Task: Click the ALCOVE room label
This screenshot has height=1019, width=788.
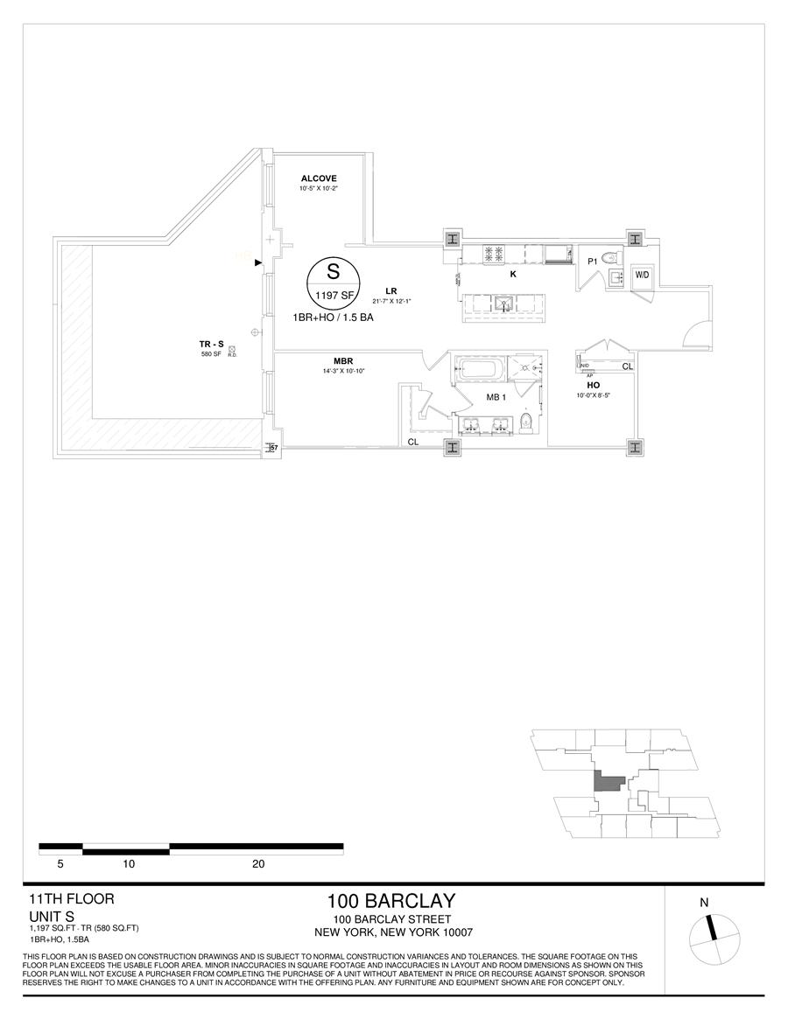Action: coord(319,178)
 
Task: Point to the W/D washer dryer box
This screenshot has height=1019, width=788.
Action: coord(642,276)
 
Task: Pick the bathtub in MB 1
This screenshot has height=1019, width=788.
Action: coord(482,369)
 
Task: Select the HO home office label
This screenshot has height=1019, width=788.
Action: coord(593,385)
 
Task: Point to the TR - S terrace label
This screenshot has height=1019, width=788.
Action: coord(209,344)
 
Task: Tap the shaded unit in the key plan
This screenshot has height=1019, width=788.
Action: coord(606,781)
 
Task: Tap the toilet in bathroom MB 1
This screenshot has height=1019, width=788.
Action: coord(524,422)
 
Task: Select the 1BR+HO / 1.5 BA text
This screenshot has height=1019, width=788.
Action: coord(340,319)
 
